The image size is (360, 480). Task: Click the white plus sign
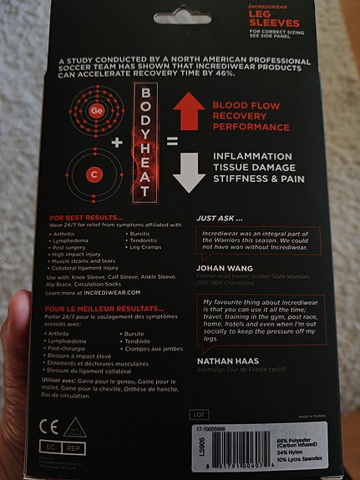tap(116, 142)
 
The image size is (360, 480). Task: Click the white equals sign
tap(172, 142)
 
